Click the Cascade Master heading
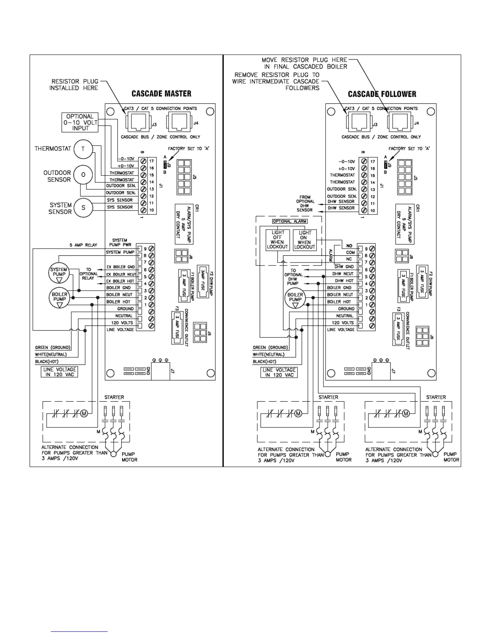point(161,94)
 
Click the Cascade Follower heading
point(382,94)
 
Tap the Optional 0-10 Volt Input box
point(80,122)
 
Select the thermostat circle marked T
point(83,149)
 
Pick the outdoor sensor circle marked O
point(83,175)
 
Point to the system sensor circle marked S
point(83,208)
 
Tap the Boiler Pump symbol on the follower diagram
point(295,299)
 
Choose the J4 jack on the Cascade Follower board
point(399,121)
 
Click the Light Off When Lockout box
point(277,240)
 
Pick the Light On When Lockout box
point(305,240)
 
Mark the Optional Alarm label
point(289,221)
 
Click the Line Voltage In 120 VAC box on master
point(60,372)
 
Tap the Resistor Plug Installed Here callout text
point(74,85)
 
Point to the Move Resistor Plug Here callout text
point(305,63)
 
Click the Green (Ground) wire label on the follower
point(270,348)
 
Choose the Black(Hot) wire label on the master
point(46,362)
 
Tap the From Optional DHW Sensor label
point(305,203)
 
